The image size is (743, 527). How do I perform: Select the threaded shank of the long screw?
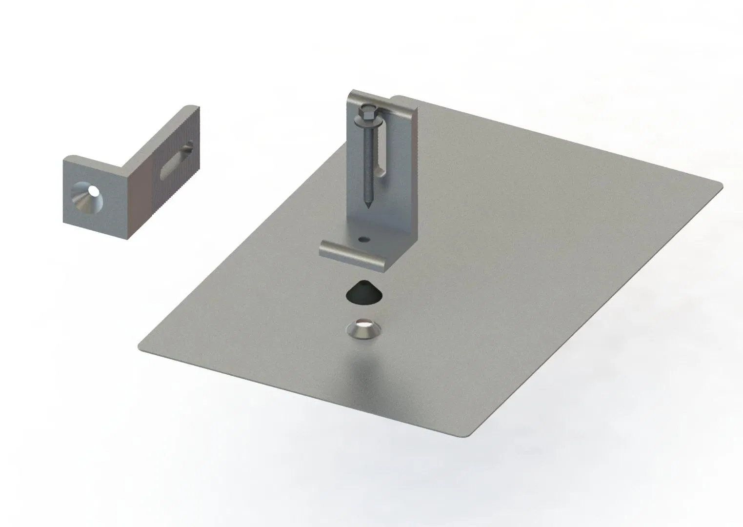coord(366,161)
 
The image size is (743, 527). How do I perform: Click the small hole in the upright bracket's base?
coord(364,240)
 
